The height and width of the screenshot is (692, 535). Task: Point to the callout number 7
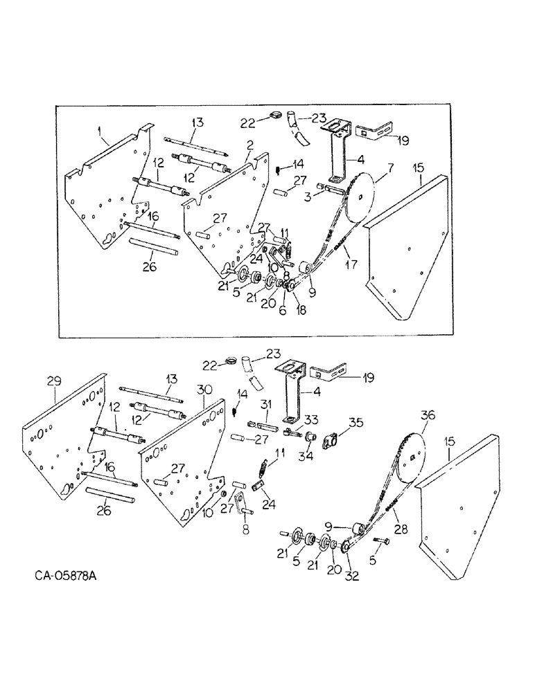pyautogui.click(x=390, y=168)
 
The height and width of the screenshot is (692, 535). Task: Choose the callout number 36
pyautogui.click(x=428, y=415)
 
